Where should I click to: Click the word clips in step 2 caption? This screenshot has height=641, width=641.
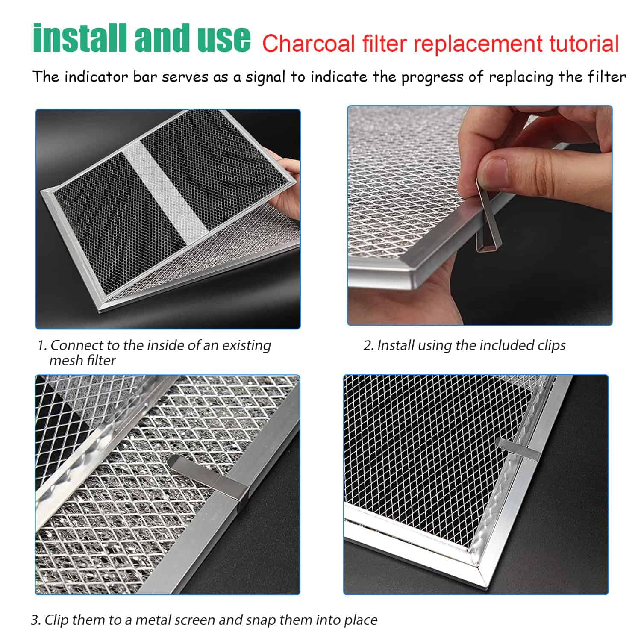pyautogui.click(x=551, y=345)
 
